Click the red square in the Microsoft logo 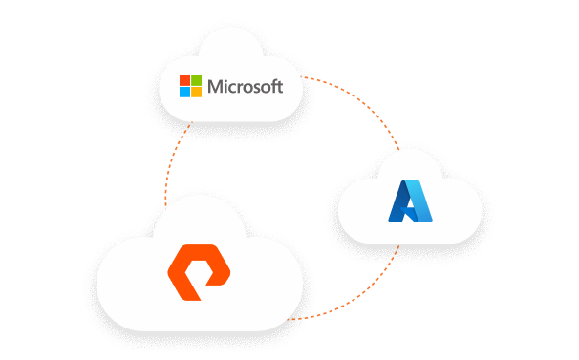point(185,81)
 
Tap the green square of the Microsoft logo point(197,81)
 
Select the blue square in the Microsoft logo point(185,93)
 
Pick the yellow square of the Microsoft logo point(197,93)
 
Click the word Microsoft point(245,87)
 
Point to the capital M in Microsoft point(216,87)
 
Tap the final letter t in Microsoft point(280,87)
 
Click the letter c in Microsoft point(234,89)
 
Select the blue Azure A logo point(409,201)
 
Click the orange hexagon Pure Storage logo point(200,269)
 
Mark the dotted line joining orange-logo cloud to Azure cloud point(368,286)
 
